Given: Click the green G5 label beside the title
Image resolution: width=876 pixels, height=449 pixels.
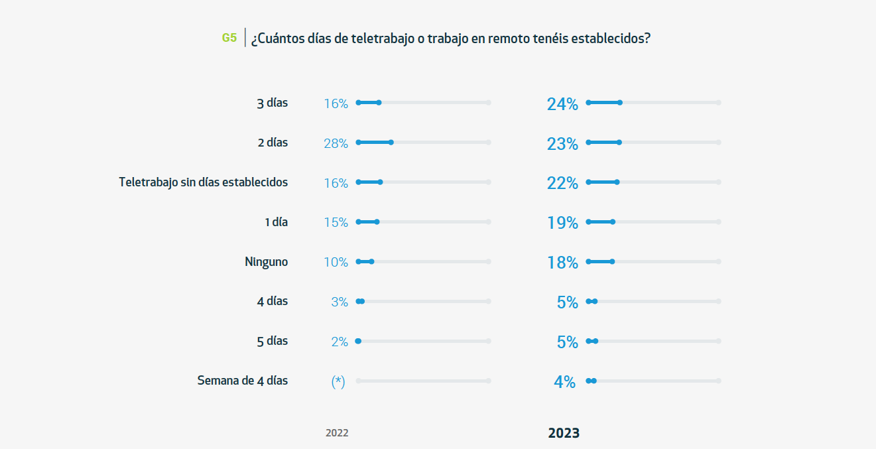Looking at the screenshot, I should click(x=229, y=38).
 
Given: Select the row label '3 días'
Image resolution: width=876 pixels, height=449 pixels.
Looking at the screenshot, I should click(x=272, y=103).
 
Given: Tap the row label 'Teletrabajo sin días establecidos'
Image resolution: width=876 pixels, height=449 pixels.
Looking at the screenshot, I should click(x=203, y=182).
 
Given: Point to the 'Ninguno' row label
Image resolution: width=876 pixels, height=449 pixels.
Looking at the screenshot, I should click(x=266, y=262).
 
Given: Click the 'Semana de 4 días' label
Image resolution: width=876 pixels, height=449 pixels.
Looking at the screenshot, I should click(x=242, y=381).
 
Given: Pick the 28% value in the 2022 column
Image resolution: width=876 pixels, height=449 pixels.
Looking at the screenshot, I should click(x=336, y=143).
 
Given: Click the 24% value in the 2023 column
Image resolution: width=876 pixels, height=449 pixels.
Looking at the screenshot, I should click(x=562, y=104).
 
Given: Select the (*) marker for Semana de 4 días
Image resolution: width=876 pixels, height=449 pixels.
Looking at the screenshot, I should click(x=338, y=381).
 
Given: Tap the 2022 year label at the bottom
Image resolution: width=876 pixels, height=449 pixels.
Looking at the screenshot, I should click(x=336, y=433).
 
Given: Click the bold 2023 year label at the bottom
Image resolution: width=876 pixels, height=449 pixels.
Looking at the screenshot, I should click(x=564, y=433).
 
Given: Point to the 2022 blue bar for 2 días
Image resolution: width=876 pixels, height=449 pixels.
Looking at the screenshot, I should click(x=375, y=143).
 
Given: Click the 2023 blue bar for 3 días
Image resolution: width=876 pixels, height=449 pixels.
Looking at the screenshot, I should click(x=603, y=103).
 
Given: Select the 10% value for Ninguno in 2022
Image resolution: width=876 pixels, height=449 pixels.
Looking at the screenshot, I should click(x=336, y=263).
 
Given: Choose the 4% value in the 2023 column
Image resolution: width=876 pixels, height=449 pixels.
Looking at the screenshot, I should click(x=564, y=382).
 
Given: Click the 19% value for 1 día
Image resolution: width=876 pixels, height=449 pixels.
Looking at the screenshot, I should click(x=562, y=224).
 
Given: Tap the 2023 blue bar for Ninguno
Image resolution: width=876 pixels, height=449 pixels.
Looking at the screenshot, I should click(x=600, y=262).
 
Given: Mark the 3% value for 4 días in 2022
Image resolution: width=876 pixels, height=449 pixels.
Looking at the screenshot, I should click(x=339, y=302).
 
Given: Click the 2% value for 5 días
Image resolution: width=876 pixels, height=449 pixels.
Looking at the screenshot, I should click(x=339, y=342).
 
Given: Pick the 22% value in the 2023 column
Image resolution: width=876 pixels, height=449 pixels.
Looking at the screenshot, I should click(x=562, y=184).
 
